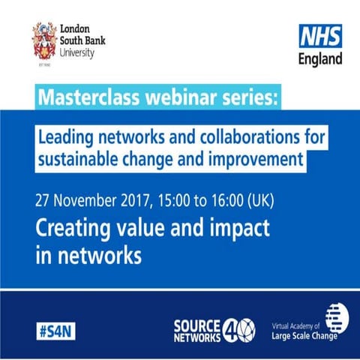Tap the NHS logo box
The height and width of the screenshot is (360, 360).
[320, 35]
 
